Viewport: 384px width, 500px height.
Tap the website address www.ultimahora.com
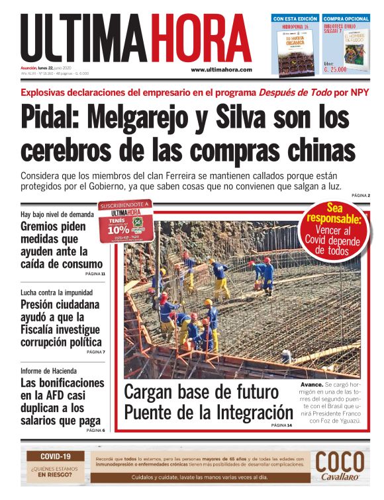(x=221, y=69)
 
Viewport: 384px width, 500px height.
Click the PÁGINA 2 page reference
(x=361, y=196)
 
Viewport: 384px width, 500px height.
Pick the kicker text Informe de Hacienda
(x=48, y=370)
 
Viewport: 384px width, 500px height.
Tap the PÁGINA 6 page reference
(x=95, y=431)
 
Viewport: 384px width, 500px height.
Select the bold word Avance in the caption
(x=312, y=384)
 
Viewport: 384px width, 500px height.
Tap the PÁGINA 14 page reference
(x=281, y=425)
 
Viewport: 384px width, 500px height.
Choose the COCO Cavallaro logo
(x=340, y=466)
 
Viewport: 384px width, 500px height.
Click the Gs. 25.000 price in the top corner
(x=337, y=69)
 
